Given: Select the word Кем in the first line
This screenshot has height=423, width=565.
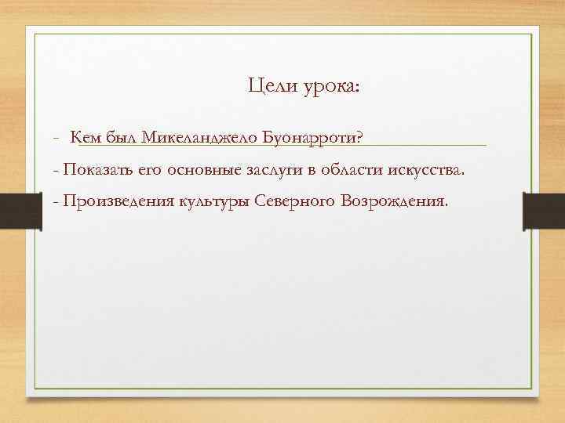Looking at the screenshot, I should click(x=84, y=138).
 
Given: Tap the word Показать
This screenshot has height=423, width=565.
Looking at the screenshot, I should click(x=99, y=170).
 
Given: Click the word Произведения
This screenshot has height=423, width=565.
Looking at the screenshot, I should click(x=117, y=201).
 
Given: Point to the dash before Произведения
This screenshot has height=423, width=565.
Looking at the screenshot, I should click(x=55, y=201).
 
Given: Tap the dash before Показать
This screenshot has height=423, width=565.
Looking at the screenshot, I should click(x=55, y=170).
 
